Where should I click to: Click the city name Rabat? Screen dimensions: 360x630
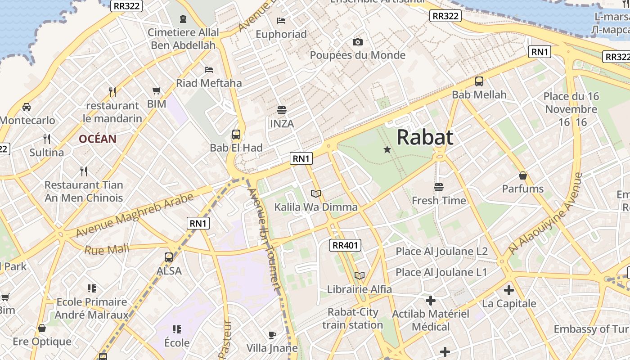point(424,137)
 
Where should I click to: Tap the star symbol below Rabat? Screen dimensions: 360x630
point(387,149)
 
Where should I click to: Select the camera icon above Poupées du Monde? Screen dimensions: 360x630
point(358,42)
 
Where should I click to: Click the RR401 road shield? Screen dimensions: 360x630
point(345,245)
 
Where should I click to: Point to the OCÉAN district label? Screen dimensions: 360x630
point(98,139)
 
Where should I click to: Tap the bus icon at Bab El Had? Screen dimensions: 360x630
point(236,134)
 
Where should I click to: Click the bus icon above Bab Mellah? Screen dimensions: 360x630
point(479,81)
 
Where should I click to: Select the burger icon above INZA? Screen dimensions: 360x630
point(282,110)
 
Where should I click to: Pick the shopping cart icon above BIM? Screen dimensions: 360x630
point(157,91)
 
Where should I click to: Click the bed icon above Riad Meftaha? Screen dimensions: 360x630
point(209,69)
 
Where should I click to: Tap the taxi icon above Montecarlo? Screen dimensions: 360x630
point(27,107)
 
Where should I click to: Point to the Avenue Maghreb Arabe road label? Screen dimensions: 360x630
point(135,215)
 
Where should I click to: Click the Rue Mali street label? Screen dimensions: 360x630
point(107,249)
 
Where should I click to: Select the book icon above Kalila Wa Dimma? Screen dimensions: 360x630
point(316,194)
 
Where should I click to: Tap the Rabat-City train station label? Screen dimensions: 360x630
point(353,318)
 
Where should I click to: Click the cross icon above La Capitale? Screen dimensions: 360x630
point(509,290)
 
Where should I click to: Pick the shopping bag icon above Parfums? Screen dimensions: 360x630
point(523,175)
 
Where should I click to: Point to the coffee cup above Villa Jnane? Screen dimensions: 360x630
point(272,335)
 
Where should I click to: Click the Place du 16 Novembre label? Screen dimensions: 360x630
point(571,109)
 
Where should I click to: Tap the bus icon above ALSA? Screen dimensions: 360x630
point(169,257)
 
